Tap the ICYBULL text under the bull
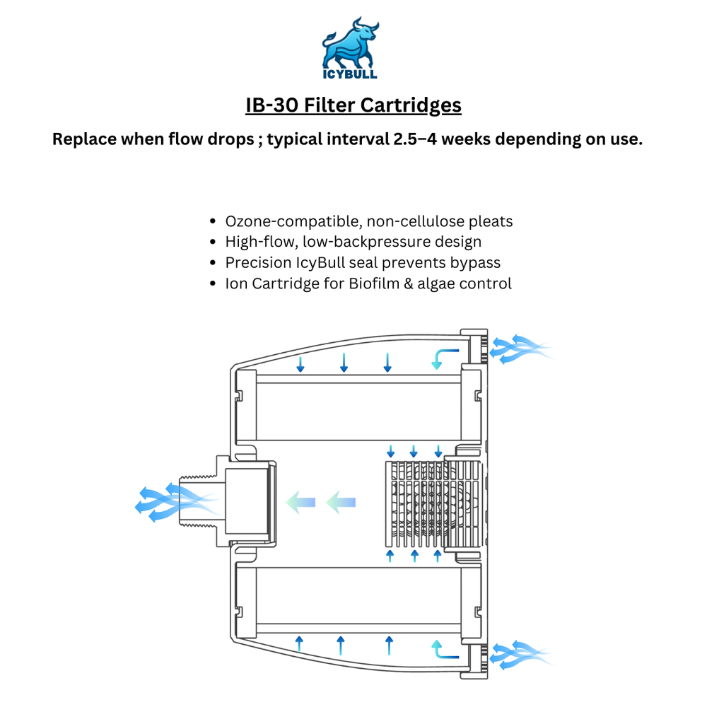pyautogui.click(x=350, y=74)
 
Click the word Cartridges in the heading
pyautogui.click(x=411, y=105)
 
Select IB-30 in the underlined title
pyautogui.click(x=271, y=105)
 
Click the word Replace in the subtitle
pyautogui.click(x=84, y=139)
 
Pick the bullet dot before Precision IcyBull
pyautogui.click(x=213, y=263)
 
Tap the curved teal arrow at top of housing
pyautogui.click(x=444, y=358)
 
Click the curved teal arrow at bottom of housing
pyautogui.click(x=444, y=650)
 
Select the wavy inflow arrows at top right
pyautogui.click(x=521, y=349)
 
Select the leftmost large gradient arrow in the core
pyautogui.click(x=300, y=502)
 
